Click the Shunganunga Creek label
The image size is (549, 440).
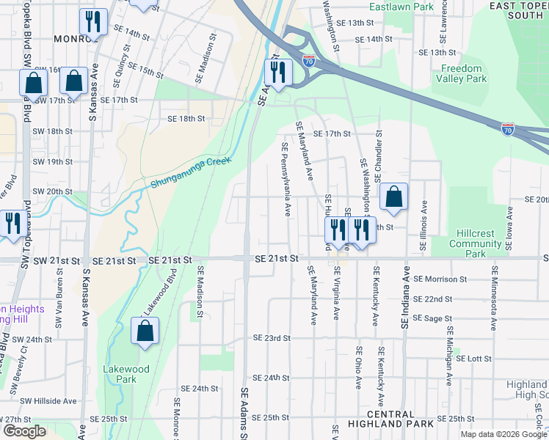click(x=191, y=172)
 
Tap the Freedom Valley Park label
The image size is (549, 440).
click(x=463, y=73)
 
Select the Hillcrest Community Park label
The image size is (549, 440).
click(x=476, y=244)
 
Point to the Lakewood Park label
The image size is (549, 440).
click(x=126, y=374)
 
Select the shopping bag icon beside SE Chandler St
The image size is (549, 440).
click(x=393, y=197)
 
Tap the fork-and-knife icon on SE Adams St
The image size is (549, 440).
click(x=278, y=72)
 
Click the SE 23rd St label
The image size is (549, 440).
click(x=272, y=338)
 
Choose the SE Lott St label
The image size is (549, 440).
click(x=473, y=358)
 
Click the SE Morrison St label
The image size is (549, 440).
click(x=440, y=279)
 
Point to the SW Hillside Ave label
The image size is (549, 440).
click(x=48, y=401)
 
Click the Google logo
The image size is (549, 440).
click(x=24, y=431)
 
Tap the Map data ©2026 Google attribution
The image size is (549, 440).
click(x=503, y=434)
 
